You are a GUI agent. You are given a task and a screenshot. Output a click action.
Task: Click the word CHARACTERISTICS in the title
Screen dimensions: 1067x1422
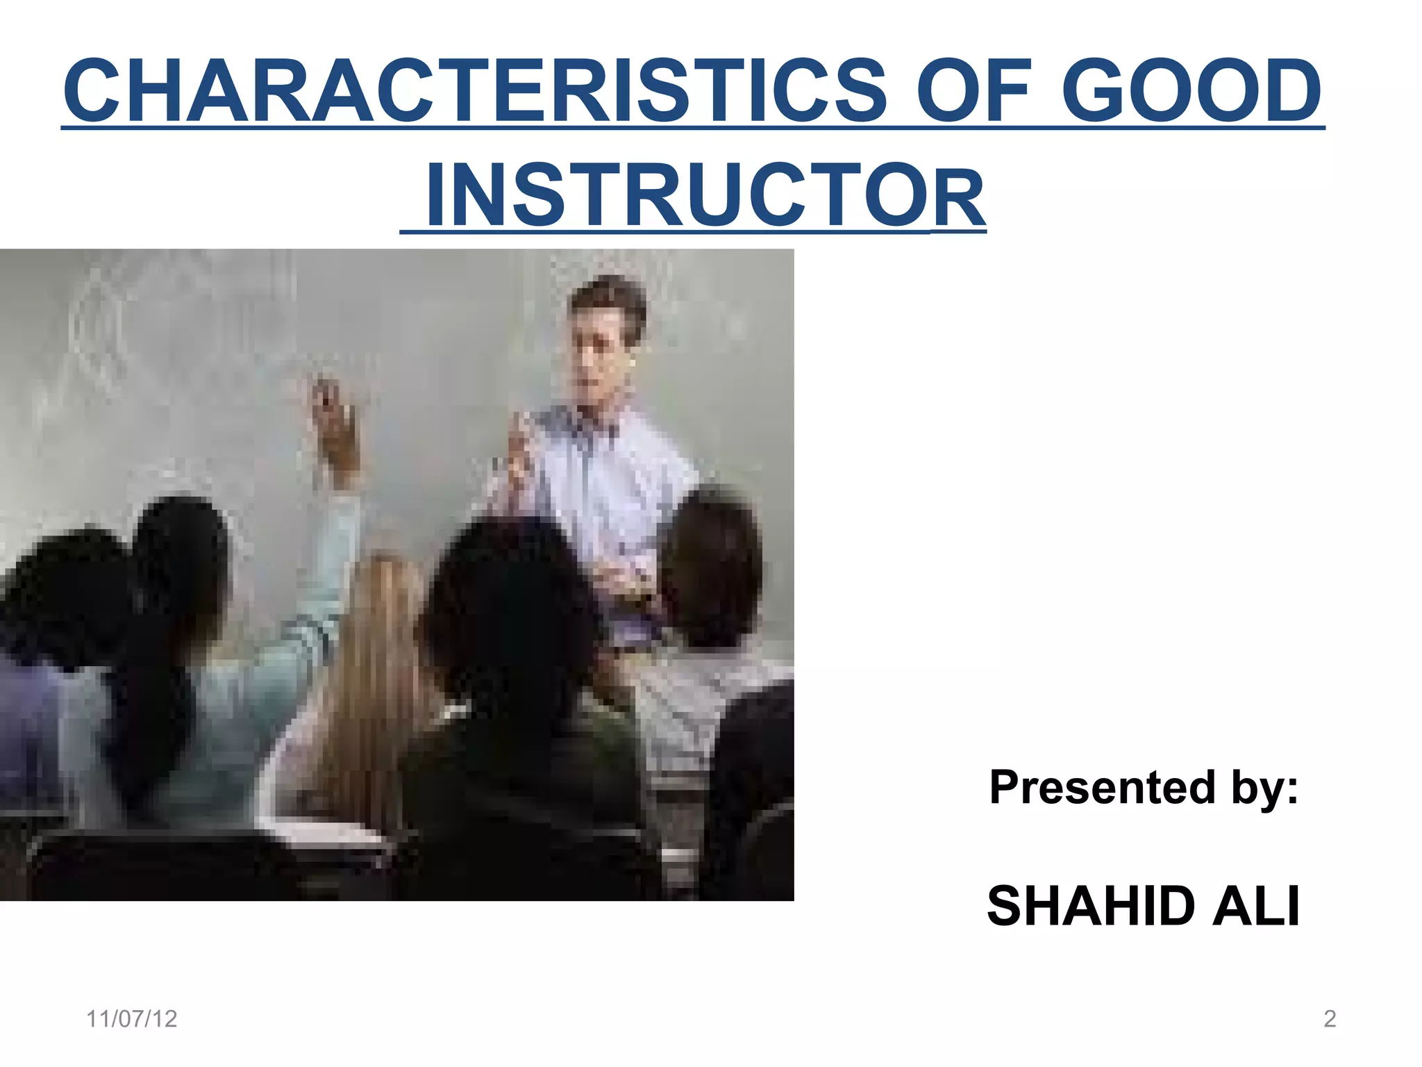click(x=476, y=90)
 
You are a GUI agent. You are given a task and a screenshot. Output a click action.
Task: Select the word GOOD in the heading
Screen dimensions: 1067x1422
click(x=1191, y=90)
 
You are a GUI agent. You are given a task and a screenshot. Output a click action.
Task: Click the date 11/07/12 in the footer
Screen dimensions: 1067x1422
click(x=131, y=1019)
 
